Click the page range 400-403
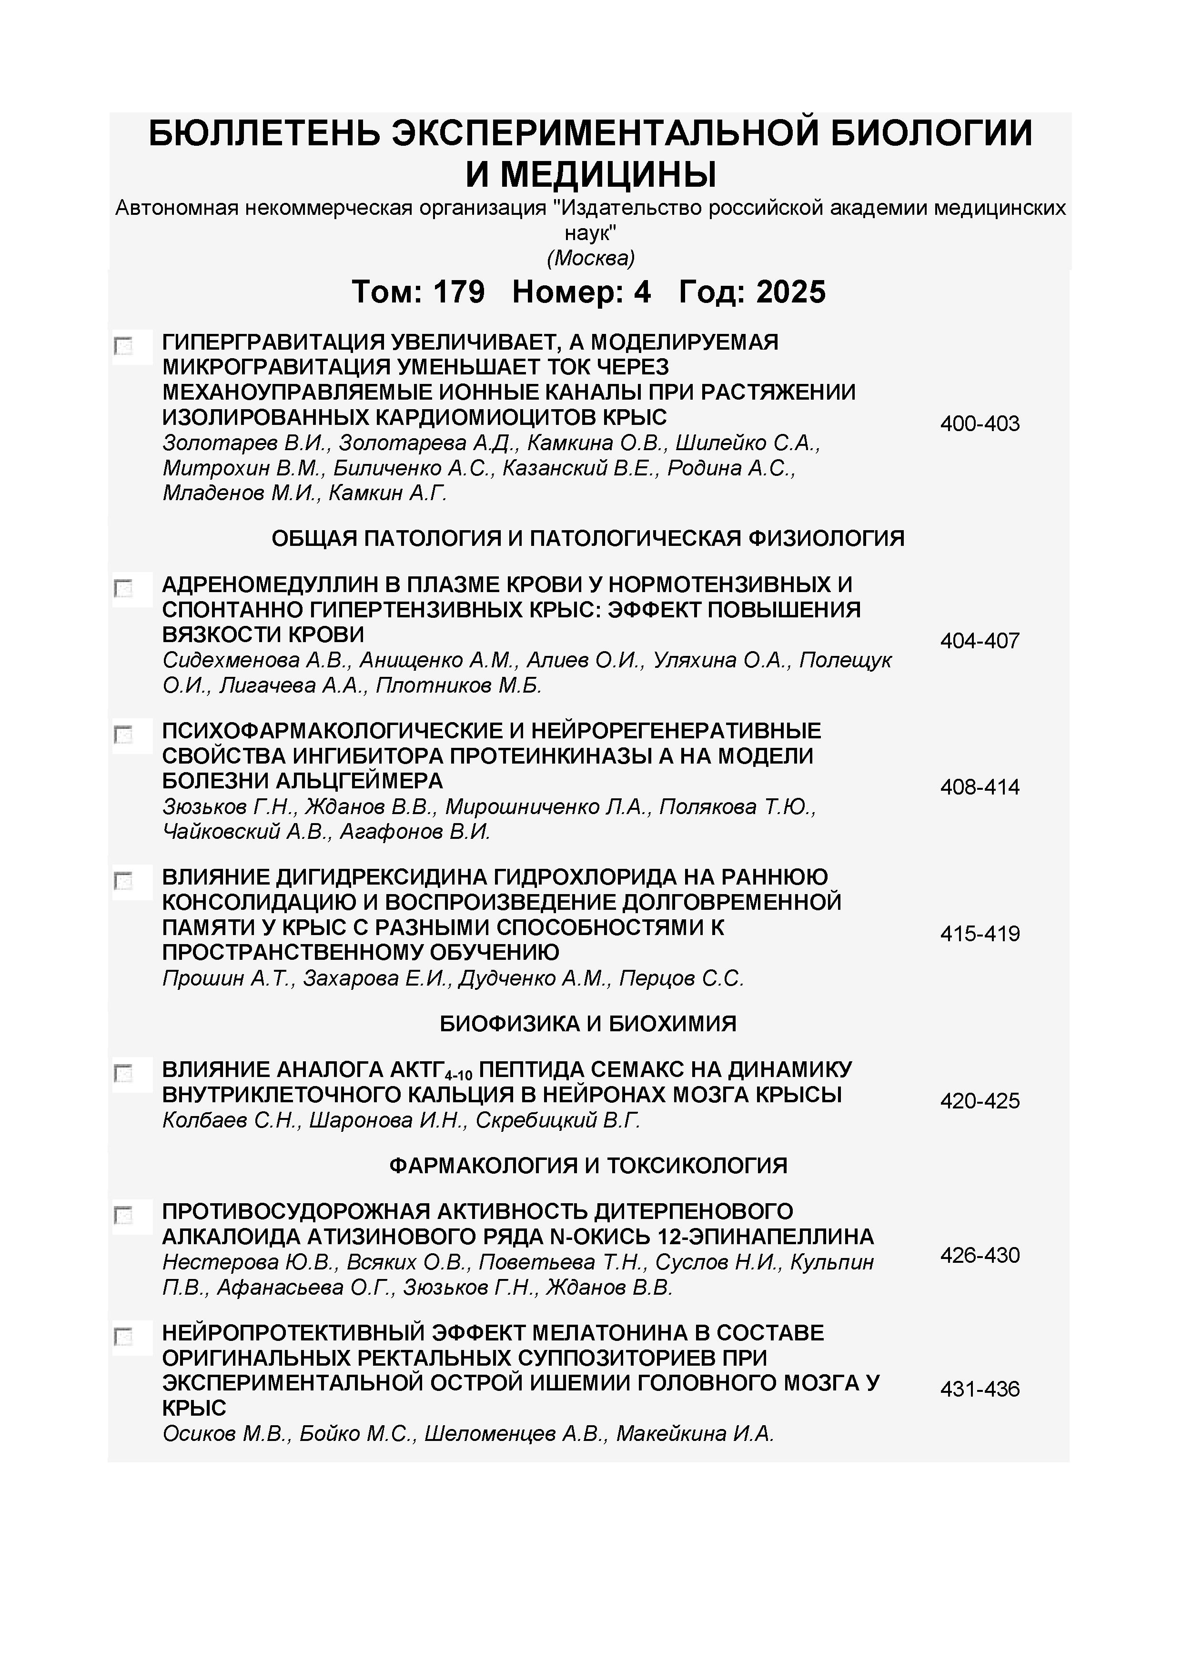[980, 423]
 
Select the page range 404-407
[980, 641]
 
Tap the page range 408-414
[980, 787]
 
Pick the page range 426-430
[980, 1256]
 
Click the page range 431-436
[980, 1389]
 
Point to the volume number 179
[459, 292]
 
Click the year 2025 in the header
[791, 292]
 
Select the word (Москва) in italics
[590, 258]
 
